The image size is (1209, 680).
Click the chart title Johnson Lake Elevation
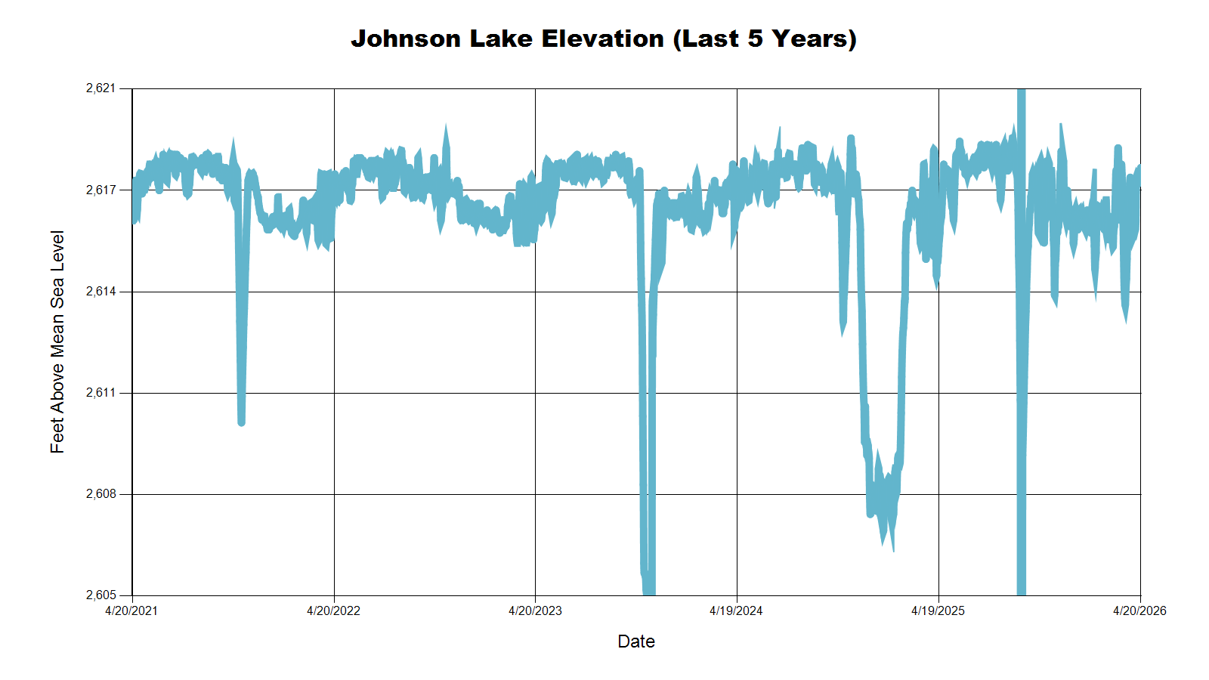[x=603, y=39]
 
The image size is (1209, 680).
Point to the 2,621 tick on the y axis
[x=101, y=88]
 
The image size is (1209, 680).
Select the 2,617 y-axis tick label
[x=101, y=190]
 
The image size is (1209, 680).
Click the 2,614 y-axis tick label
[x=101, y=292]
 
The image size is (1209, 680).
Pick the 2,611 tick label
[x=101, y=393]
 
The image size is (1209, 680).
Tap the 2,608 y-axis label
[x=101, y=494]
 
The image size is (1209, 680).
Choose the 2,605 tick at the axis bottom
[x=101, y=595]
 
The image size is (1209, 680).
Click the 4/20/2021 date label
[x=131, y=611]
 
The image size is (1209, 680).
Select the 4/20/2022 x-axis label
[x=333, y=611]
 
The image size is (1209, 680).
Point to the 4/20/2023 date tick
[x=535, y=611]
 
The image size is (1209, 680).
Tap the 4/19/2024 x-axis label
[x=736, y=611]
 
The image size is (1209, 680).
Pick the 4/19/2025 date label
[x=938, y=611]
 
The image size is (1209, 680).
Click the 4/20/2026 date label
[x=1139, y=611]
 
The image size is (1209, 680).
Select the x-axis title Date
[x=636, y=641]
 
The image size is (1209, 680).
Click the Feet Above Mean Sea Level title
[x=57, y=342]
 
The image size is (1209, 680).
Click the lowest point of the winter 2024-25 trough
[x=893, y=550]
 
